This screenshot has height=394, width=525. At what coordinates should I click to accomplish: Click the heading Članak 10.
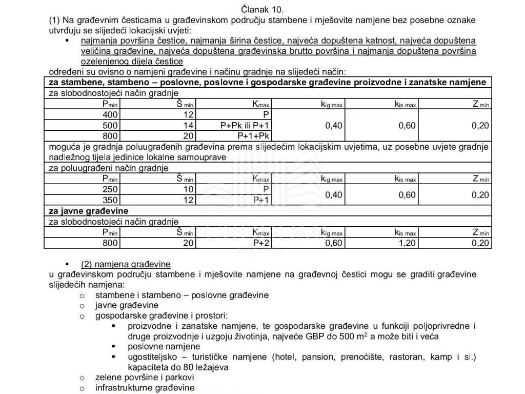coord(262,9)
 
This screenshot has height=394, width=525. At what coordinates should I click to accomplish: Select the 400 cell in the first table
coord(110,114)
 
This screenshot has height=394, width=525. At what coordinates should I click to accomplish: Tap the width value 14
coord(188,125)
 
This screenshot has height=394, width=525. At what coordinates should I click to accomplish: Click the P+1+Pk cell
coord(253,136)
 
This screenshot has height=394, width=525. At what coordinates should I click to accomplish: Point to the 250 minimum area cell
coord(110,189)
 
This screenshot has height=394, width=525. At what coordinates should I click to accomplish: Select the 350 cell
coord(110,200)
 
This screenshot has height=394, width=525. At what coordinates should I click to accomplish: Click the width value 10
coord(188,189)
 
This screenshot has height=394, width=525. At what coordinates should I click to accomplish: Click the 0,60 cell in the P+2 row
coord(334,243)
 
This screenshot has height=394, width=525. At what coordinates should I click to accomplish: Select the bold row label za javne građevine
coord(88,211)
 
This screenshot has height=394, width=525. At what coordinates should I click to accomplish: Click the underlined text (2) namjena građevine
coord(126,264)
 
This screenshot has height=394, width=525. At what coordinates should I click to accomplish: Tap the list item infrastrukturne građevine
coord(145,388)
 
